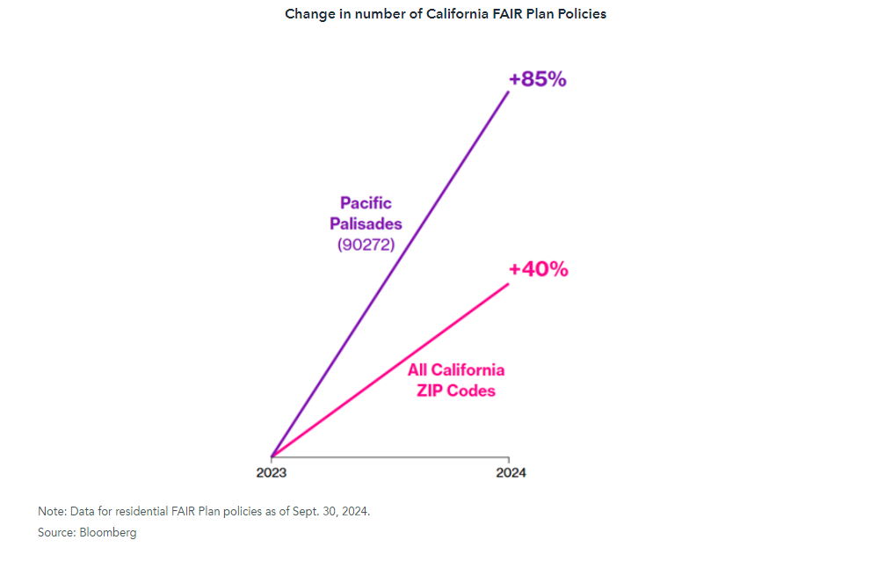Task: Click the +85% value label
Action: pos(538,79)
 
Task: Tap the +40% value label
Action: pos(538,269)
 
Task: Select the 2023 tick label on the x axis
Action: pos(272,473)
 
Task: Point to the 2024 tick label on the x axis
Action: pos(511,473)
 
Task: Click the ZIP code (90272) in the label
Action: pos(366,245)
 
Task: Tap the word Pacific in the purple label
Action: pos(366,203)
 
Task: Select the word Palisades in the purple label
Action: pos(366,224)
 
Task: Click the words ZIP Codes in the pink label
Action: pos(456,390)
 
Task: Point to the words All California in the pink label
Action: pos(456,369)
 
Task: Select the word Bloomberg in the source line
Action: pos(108,532)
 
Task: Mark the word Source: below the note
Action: pos(56,532)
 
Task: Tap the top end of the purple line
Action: pos(508,91)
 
